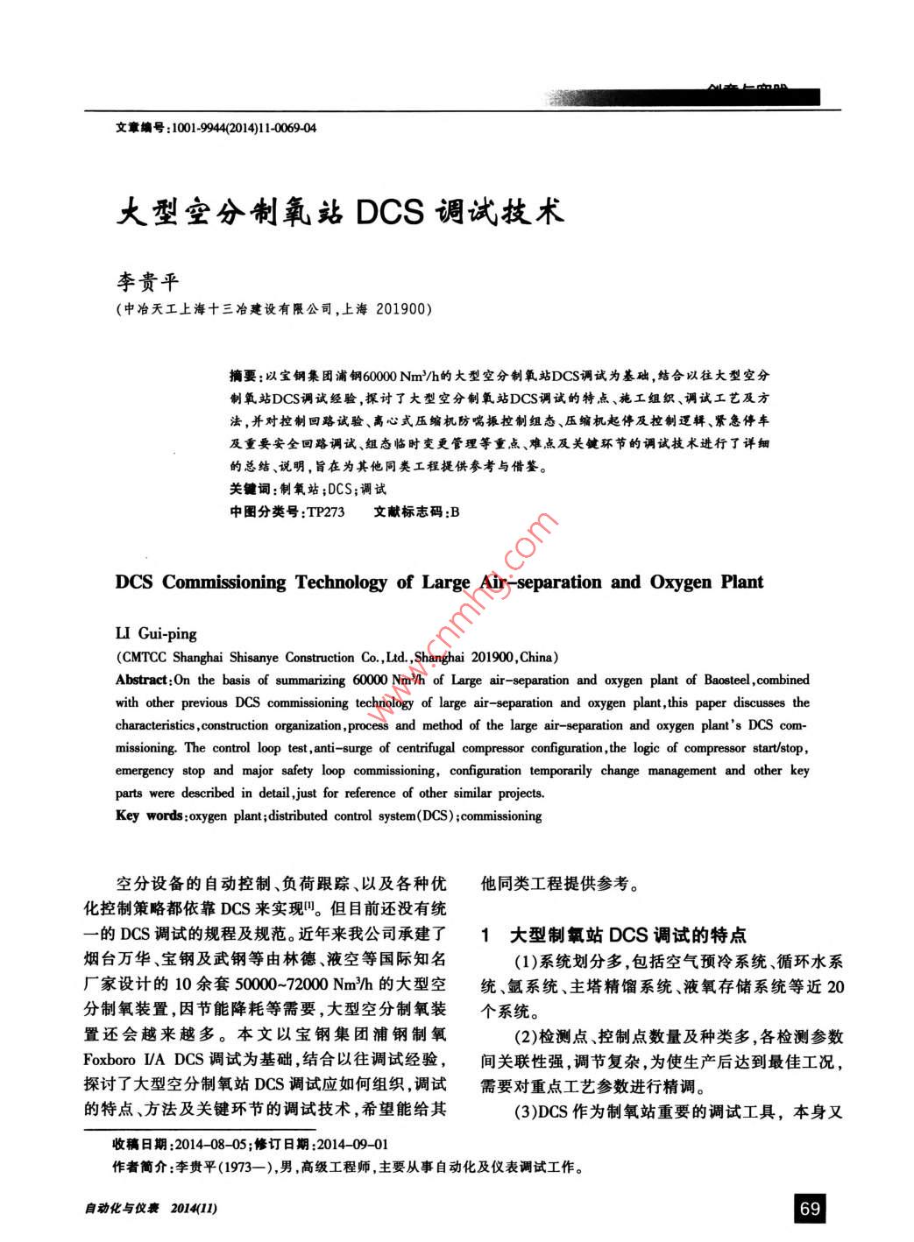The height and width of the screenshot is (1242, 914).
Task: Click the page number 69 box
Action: tap(810, 1208)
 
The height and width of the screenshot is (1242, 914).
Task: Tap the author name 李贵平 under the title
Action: tap(148, 281)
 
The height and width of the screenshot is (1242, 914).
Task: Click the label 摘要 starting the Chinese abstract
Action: tap(242, 376)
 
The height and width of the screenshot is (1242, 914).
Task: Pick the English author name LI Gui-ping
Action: tap(156, 633)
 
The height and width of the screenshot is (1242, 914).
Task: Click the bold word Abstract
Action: tap(141, 680)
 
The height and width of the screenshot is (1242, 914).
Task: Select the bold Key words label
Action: tap(149, 815)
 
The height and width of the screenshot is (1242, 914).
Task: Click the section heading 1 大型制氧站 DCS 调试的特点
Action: tap(613, 935)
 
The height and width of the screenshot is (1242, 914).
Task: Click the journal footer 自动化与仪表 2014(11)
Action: tap(150, 1209)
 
